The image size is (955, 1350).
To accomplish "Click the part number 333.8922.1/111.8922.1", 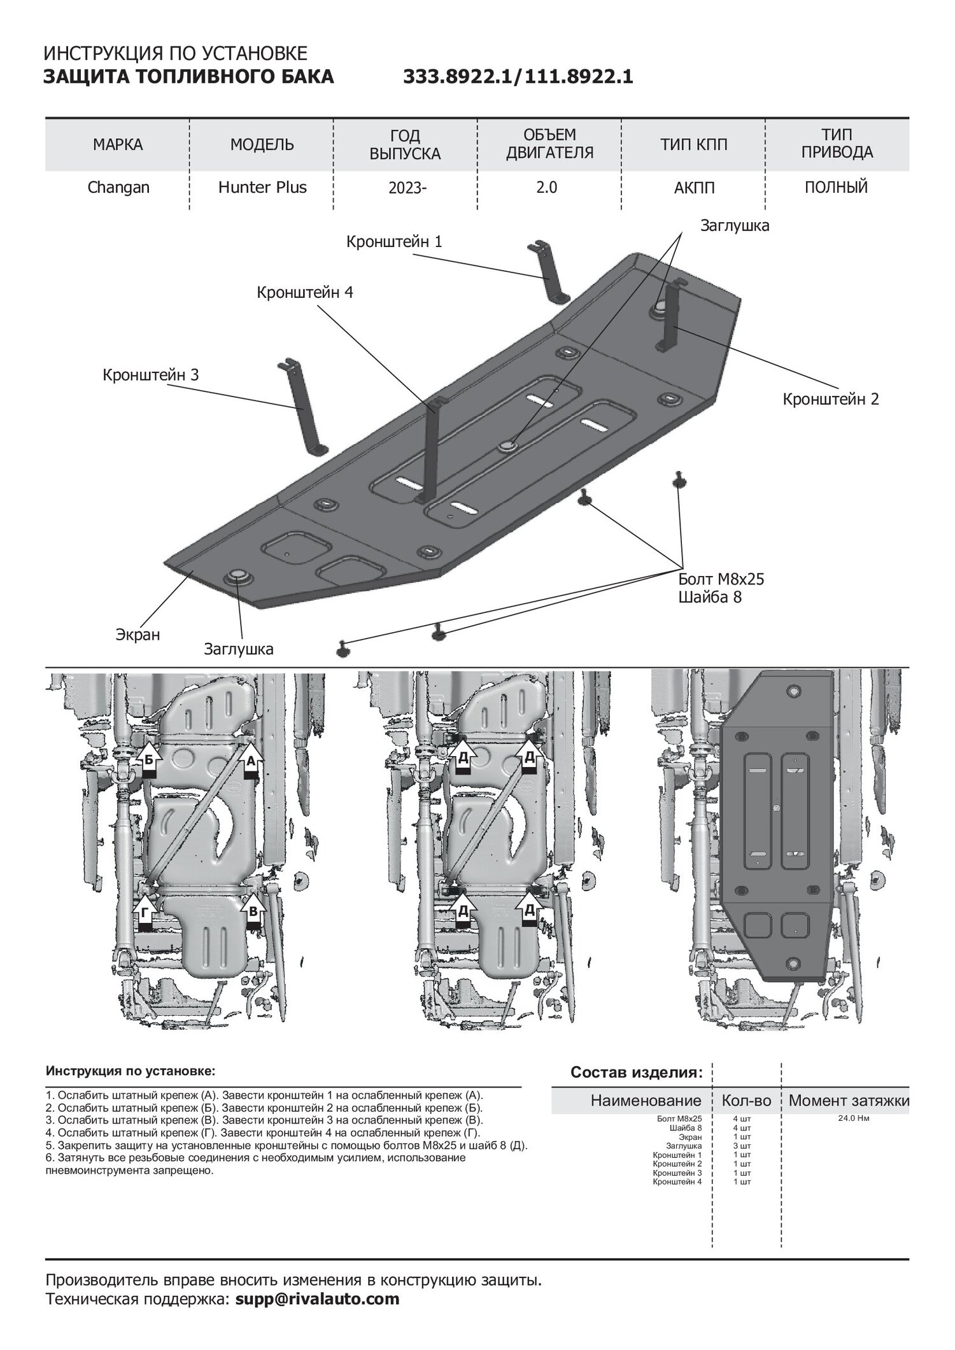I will point(518,77).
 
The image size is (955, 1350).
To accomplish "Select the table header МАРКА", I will point(118,144).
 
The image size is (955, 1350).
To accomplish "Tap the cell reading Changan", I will point(118,188).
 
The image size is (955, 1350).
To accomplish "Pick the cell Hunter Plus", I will point(262,188).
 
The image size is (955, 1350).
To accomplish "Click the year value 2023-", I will point(405,188).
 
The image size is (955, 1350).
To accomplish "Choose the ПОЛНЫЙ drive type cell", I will point(837,188).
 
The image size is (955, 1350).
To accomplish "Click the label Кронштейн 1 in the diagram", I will point(394,242).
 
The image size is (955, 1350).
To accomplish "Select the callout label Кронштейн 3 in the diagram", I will point(151,375).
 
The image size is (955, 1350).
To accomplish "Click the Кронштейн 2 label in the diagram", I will point(831,399).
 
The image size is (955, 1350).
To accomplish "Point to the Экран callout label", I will point(138,635).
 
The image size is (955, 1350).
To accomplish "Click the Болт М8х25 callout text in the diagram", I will point(721,579).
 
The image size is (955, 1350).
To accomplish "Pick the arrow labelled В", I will point(253,910).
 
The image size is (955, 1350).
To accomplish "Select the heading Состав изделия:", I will point(637,1072).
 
